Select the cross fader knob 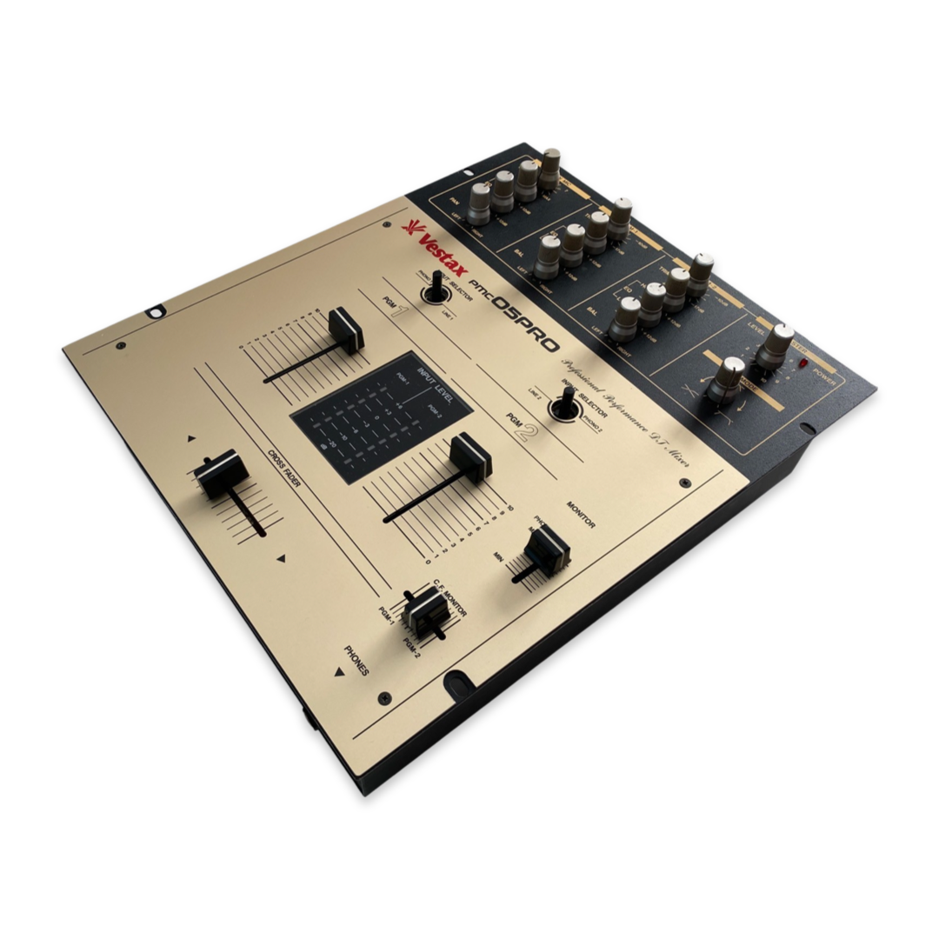click(x=220, y=473)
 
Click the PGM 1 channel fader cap click(x=346, y=330)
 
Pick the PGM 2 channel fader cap click(x=470, y=455)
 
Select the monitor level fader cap click(x=545, y=548)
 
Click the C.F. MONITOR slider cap click(x=425, y=609)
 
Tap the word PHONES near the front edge click(x=356, y=660)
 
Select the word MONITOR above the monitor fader click(x=580, y=513)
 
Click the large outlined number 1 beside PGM click(x=398, y=311)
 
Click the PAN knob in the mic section click(x=480, y=203)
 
